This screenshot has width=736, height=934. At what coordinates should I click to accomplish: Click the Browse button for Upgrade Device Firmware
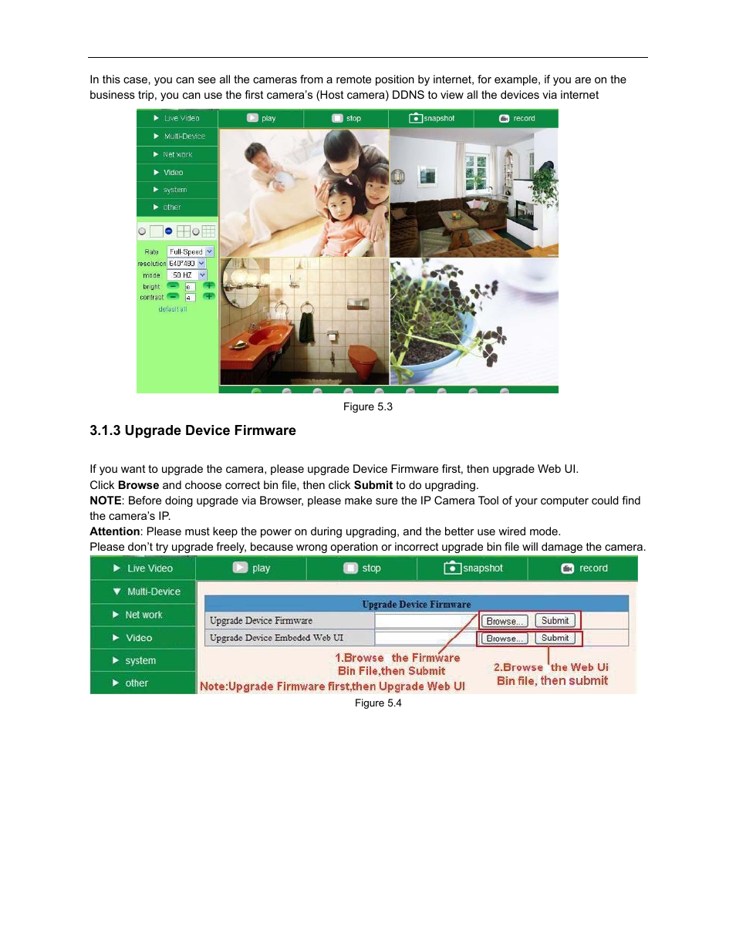coord(504,621)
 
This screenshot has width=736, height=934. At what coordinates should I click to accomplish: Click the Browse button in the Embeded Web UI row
coord(504,639)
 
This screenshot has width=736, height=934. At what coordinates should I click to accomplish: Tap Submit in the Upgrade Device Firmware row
coord(555,621)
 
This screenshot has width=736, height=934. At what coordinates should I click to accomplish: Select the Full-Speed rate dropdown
coord(191,251)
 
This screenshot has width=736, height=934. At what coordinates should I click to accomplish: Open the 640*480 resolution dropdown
coord(187,263)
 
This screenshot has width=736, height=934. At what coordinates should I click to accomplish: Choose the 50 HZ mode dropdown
coord(187,275)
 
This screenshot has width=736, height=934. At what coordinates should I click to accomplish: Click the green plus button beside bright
coord(208,286)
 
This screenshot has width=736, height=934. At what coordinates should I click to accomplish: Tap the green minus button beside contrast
coord(173,297)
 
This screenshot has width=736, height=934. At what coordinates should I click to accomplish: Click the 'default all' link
coord(173,309)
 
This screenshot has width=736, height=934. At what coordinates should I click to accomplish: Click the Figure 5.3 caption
coord(368,406)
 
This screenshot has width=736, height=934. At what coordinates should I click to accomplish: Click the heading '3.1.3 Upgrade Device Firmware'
coord(193,430)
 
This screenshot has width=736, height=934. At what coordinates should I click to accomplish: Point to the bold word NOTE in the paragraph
coord(106,501)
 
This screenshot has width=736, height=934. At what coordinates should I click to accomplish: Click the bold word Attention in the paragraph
coord(114,531)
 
